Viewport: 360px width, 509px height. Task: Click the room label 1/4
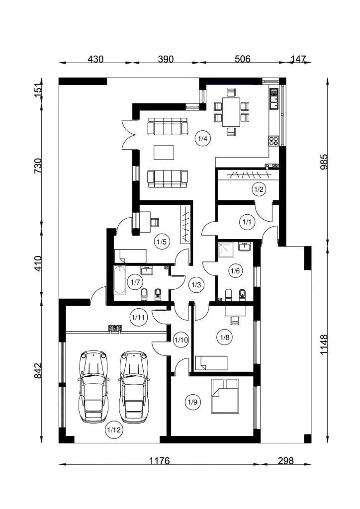pos(202,139)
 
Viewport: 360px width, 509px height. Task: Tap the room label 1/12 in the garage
pos(113,430)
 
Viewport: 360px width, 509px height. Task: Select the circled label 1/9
pos(192,402)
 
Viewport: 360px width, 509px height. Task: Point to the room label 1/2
pos(259,189)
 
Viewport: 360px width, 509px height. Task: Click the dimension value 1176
pos(159,461)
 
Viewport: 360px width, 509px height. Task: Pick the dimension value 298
pos(285,461)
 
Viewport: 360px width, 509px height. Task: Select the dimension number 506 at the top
pos(243,59)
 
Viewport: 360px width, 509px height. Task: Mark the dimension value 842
pos(38,370)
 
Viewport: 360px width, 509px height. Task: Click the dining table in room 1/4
pos(231,112)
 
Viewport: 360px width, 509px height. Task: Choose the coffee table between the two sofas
pos(164,153)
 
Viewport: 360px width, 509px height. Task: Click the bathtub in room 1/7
pos(120,280)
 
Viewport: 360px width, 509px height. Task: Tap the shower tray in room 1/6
pos(226,250)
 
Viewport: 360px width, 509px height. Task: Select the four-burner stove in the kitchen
pos(273,140)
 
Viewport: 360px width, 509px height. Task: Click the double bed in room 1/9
pos(225,396)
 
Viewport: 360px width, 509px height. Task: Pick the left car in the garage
pos(93,386)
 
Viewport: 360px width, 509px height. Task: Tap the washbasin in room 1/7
pos(147,270)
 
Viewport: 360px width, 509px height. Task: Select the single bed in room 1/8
pos(211,362)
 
